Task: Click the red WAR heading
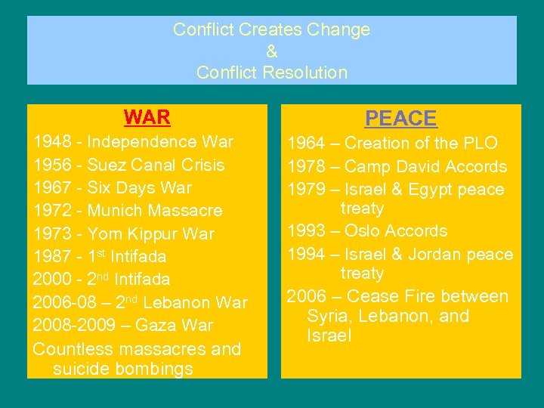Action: [x=147, y=118]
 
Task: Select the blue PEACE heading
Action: [x=400, y=119]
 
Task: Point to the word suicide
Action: [x=81, y=369]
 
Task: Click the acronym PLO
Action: [x=481, y=144]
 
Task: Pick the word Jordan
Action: [x=434, y=255]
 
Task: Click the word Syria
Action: [x=329, y=316]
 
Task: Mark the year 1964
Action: [x=307, y=144]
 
